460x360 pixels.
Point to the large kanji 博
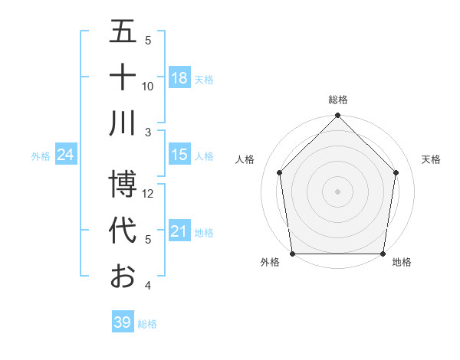click(x=123, y=185)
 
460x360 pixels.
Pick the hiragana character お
click(x=123, y=275)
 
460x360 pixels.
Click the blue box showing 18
click(x=179, y=77)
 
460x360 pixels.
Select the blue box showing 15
click(x=179, y=155)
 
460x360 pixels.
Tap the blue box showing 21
click(x=179, y=231)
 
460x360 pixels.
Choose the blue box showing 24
click(x=66, y=155)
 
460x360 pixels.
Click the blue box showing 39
click(x=122, y=322)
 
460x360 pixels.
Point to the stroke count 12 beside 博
click(x=149, y=194)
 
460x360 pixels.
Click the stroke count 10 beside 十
click(x=148, y=86)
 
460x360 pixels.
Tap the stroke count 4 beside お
click(x=148, y=286)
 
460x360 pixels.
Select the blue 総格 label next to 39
click(x=147, y=324)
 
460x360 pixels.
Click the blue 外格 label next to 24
click(x=41, y=155)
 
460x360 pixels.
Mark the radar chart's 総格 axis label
click(x=338, y=100)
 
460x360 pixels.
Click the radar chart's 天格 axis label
click(x=431, y=159)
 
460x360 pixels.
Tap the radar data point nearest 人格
click(x=279, y=172)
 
